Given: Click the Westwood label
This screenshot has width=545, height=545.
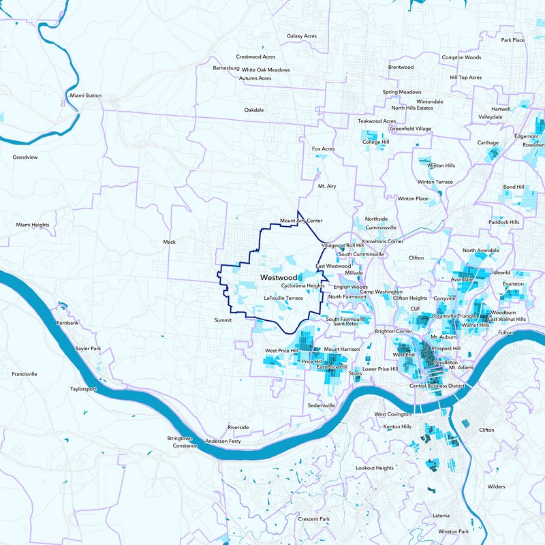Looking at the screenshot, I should tap(279, 278).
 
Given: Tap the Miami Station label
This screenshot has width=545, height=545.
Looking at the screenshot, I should tap(85, 95).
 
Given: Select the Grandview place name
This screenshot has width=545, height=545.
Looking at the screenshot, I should tap(25, 157).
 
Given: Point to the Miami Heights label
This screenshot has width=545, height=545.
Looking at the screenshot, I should tap(33, 224).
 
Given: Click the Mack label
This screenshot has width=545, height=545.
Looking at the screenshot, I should tap(170, 242).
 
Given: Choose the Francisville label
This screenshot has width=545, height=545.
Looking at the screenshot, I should tap(25, 374).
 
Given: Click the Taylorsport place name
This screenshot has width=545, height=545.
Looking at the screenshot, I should tap(84, 389).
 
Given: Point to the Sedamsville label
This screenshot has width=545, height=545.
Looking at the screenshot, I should tap(322, 405).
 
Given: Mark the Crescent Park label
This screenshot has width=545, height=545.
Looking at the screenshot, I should tap(314, 519).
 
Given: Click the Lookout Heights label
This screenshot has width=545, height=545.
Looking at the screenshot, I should tap(375, 468).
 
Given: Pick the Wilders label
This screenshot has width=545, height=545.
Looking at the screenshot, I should tap(496, 487).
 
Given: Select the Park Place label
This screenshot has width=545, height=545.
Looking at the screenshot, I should tap(512, 40).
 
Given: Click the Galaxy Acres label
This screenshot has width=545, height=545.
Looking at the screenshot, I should tap(306, 35).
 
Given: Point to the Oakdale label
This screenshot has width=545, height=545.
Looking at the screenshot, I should tap(253, 110).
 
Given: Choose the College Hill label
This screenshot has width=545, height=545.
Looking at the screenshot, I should tap(375, 142).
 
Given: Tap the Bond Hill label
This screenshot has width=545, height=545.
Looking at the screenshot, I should tap(514, 187).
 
